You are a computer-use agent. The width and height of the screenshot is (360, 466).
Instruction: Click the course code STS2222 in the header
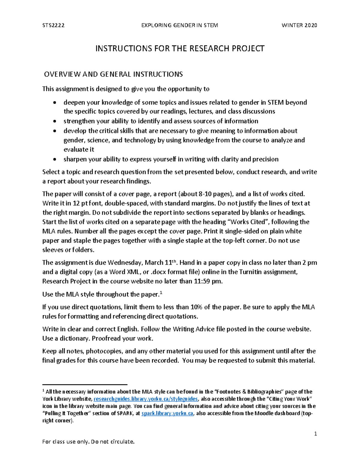click(x=53, y=26)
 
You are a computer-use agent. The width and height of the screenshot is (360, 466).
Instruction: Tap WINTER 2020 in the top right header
click(x=299, y=26)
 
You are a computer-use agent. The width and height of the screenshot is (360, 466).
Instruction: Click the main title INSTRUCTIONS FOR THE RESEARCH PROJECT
click(x=180, y=49)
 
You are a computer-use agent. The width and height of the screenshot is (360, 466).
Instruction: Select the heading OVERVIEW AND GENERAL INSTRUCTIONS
click(x=113, y=74)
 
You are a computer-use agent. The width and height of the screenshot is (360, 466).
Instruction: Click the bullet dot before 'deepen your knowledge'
click(x=54, y=103)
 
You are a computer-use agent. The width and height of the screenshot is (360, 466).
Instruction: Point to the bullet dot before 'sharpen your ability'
click(x=54, y=159)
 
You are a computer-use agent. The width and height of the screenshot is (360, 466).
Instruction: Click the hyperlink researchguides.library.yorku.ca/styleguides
click(x=146, y=399)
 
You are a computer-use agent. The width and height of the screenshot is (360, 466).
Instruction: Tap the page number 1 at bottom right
click(x=315, y=434)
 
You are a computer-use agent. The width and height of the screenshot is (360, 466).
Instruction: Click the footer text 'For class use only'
click(x=88, y=442)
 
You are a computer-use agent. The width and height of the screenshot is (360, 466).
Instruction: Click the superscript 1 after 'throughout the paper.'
click(x=161, y=293)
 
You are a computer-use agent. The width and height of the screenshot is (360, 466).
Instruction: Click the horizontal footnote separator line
click(x=85, y=384)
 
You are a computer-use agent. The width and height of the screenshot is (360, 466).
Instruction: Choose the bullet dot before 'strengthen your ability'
click(x=54, y=122)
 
